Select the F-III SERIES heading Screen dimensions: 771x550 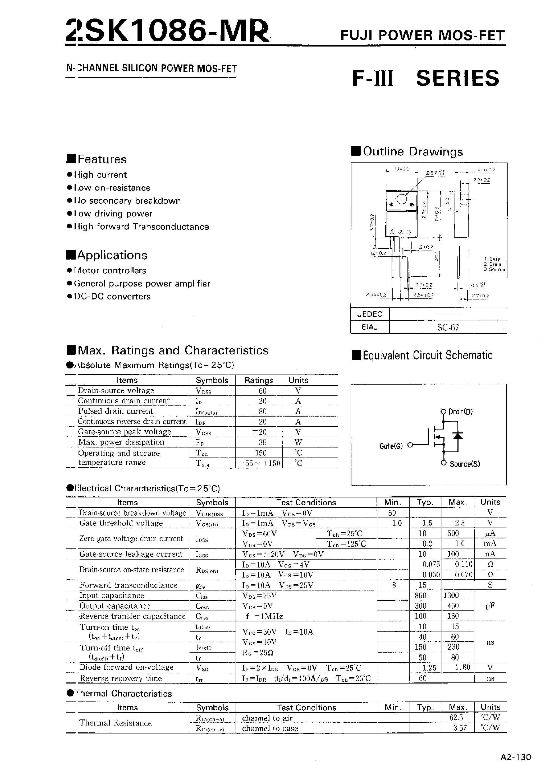click(x=426, y=78)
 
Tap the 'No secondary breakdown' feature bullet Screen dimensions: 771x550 click(x=127, y=201)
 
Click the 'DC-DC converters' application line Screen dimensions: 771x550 click(x=112, y=297)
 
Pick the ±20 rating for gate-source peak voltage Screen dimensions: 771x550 click(x=258, y=432)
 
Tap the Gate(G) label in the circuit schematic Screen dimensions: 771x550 click(x=391, y=446)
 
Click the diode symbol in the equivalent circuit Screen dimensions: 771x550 click(x=458, y=436)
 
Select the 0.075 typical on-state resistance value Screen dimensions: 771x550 click(x=431, y=564)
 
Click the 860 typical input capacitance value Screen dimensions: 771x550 click(x=420, y=595)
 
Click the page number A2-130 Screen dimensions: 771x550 click(x=516, y=757)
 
